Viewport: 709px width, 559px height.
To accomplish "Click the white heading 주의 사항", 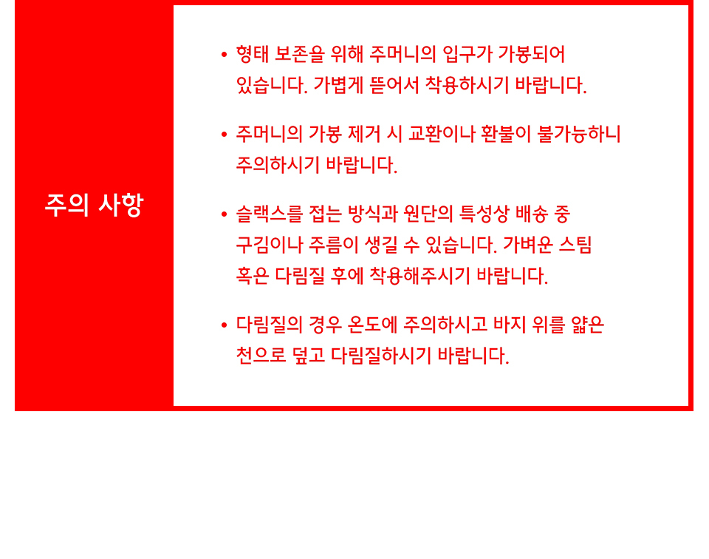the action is click(94, 205).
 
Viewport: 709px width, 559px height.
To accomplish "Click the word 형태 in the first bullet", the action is click(253, 54).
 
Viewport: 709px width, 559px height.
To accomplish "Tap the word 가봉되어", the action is click(531, 54).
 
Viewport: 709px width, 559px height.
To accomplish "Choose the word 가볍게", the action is click(339, 85).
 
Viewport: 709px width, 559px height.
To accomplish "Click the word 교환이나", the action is click(442, 134).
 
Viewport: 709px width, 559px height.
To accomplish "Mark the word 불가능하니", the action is click(579, 134).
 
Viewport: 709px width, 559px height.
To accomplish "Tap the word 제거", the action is click(364, 134).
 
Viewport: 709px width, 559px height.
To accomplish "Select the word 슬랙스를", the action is click(270, 214).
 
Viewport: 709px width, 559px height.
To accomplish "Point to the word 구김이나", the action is click(270, 245).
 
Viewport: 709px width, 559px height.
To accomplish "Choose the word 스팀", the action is click(575, 245).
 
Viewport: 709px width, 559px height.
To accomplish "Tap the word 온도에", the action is click(372, 325).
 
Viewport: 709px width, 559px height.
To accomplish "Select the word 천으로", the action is click(261, 356).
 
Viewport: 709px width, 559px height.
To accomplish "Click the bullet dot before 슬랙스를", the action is click(224, 214).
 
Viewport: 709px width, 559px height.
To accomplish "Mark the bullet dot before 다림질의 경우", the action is click(224, 325).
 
